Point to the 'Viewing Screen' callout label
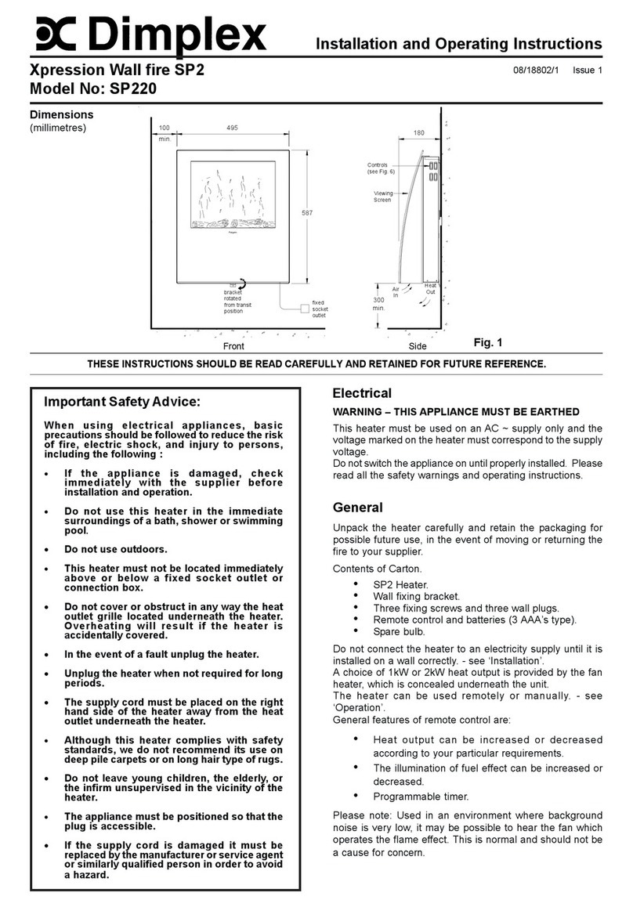[383, 196]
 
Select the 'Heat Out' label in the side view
[431, 290]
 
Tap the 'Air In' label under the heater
[396, 291]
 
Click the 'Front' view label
[233, 346]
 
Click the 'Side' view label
[418, 346]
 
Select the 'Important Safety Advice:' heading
[122, 403]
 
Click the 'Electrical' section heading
[362, 393]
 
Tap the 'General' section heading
[357, 508]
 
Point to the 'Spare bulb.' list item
[400, 631]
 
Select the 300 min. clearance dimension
[379, 304]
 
